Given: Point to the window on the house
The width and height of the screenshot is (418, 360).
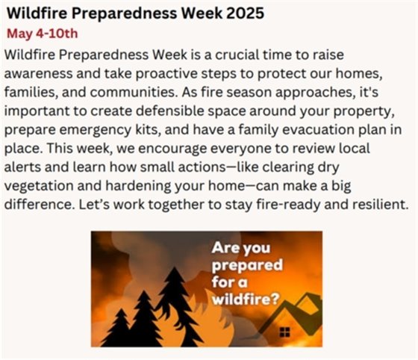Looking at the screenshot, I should (284, 332).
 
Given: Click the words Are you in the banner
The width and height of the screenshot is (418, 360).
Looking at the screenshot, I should (240, 249).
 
